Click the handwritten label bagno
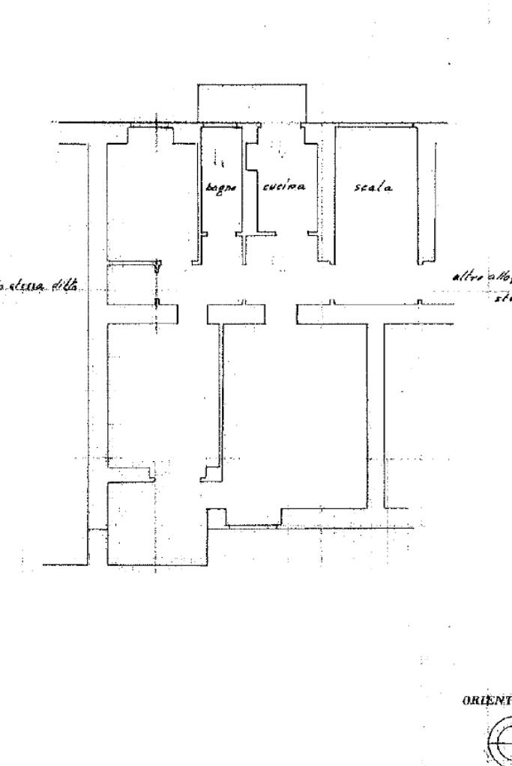tap(221, 188)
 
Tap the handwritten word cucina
tap(283, 187)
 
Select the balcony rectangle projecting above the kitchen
tap(251, 103)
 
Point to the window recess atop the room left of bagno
tap(151, 135)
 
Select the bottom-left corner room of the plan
tap(154, 524)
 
